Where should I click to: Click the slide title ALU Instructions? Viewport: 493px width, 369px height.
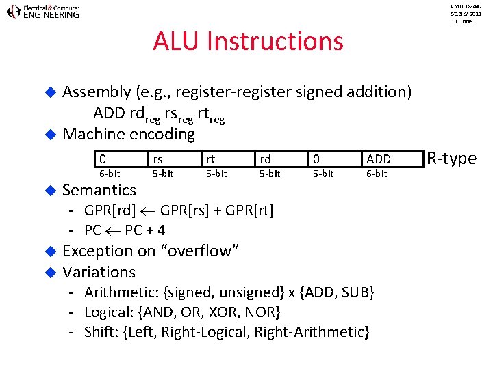tap(248, 42)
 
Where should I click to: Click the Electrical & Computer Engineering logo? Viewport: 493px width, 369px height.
tap(42, 12)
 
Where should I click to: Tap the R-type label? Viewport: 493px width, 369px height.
tap(451, 159)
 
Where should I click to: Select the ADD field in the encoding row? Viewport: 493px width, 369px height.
tap(379, 159)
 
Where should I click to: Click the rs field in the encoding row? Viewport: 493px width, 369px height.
tap(157, 159)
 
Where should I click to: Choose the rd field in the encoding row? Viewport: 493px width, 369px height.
tap(265, 159)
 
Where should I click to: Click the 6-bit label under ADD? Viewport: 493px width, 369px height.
tap(376, 174)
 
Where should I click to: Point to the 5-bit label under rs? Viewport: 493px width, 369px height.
tap(163, 174)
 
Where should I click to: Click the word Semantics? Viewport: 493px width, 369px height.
tap(99, 190)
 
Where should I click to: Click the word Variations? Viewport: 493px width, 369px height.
tap(99, 272)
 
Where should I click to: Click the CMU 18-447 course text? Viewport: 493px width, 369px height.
tap(466, 6)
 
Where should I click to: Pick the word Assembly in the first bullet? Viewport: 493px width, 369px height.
tap(97, 92)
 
